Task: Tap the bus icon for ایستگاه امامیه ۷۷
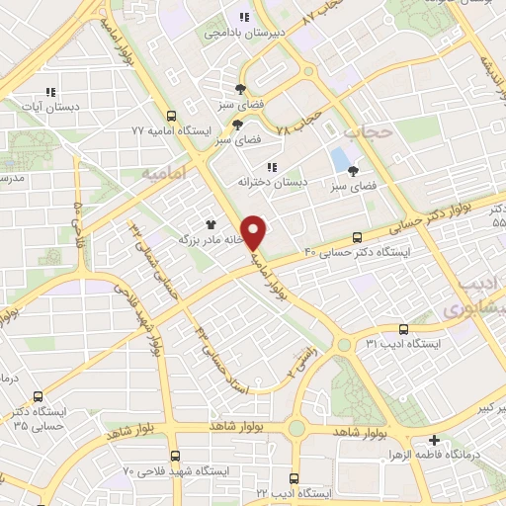coord(172,115)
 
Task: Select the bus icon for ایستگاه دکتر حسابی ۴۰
coord(357,237)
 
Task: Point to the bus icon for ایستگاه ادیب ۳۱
coord(403,329)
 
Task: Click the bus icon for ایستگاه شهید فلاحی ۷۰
coord(175,457)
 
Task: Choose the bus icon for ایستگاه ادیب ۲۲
coord(296,477)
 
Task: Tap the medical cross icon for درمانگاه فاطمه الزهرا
coord(434,441)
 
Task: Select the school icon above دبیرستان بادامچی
coord(243,17)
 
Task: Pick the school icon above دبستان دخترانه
coord(272,166)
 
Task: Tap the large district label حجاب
coord(369,130)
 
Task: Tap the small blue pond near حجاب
coord(340,157)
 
